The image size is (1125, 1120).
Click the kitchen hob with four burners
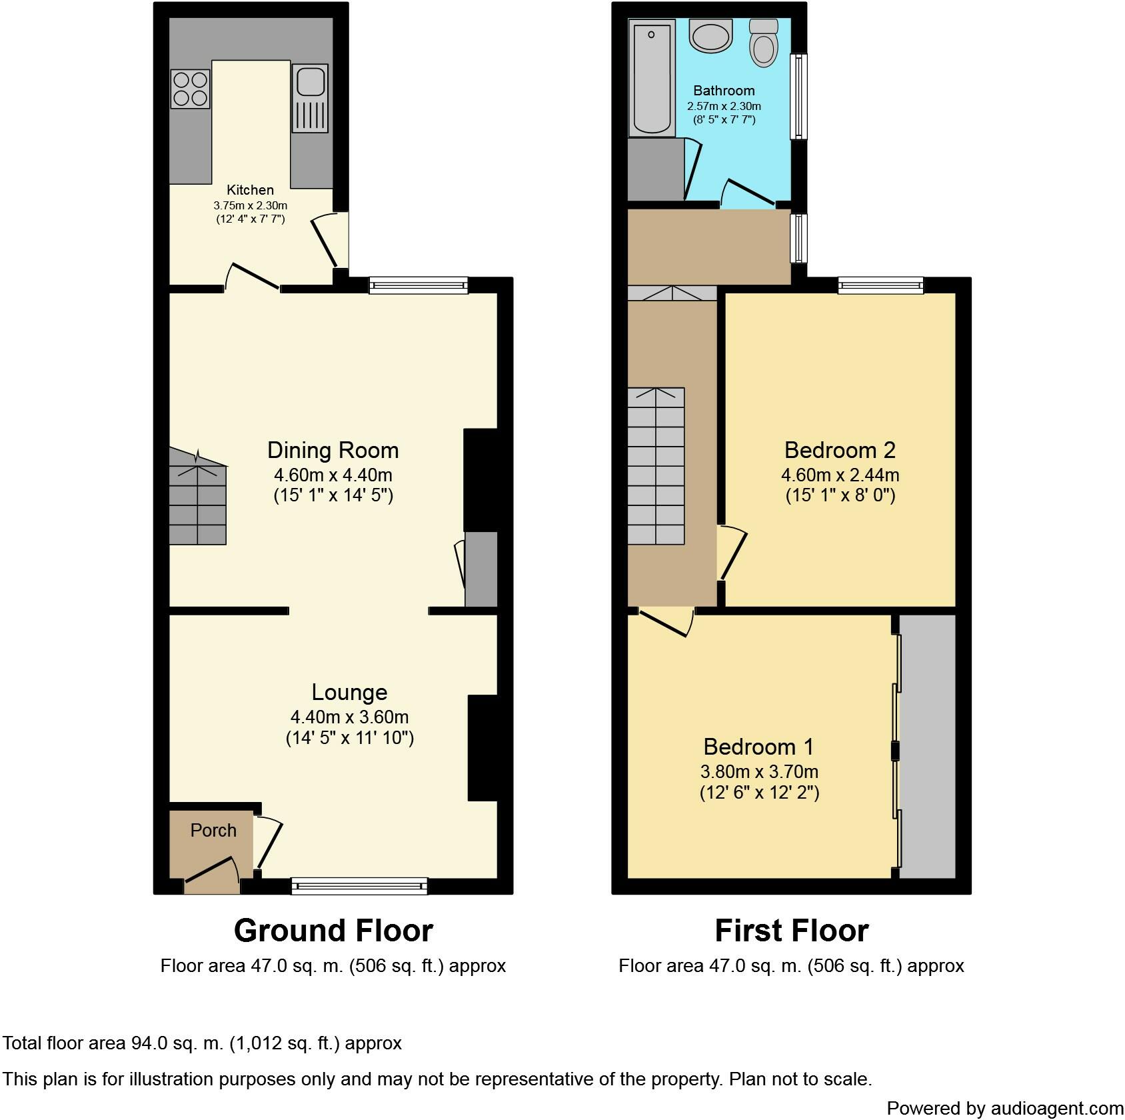click(190, 89)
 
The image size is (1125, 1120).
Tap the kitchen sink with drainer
click(310, 98)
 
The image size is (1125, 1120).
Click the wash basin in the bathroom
click(710, 35)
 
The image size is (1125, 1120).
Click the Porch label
click(213, 831)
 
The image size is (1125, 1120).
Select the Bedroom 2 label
click(840, 450)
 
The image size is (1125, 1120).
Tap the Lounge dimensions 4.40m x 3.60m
click(349, 717)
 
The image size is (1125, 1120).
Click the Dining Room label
click(333, 450)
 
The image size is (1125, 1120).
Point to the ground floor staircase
click(198, 497)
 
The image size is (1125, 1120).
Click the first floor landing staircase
click(656, 465)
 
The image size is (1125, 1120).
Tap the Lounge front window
click(359, 885)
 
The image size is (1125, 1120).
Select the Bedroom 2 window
click(881, 285)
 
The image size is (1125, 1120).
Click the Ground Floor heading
click(333, 931)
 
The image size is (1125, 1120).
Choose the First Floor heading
click(791, 931)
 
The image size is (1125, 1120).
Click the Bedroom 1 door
click(667, 621)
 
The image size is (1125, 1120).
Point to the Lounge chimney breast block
click(483, 747)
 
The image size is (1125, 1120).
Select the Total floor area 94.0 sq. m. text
click(202, 1043)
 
